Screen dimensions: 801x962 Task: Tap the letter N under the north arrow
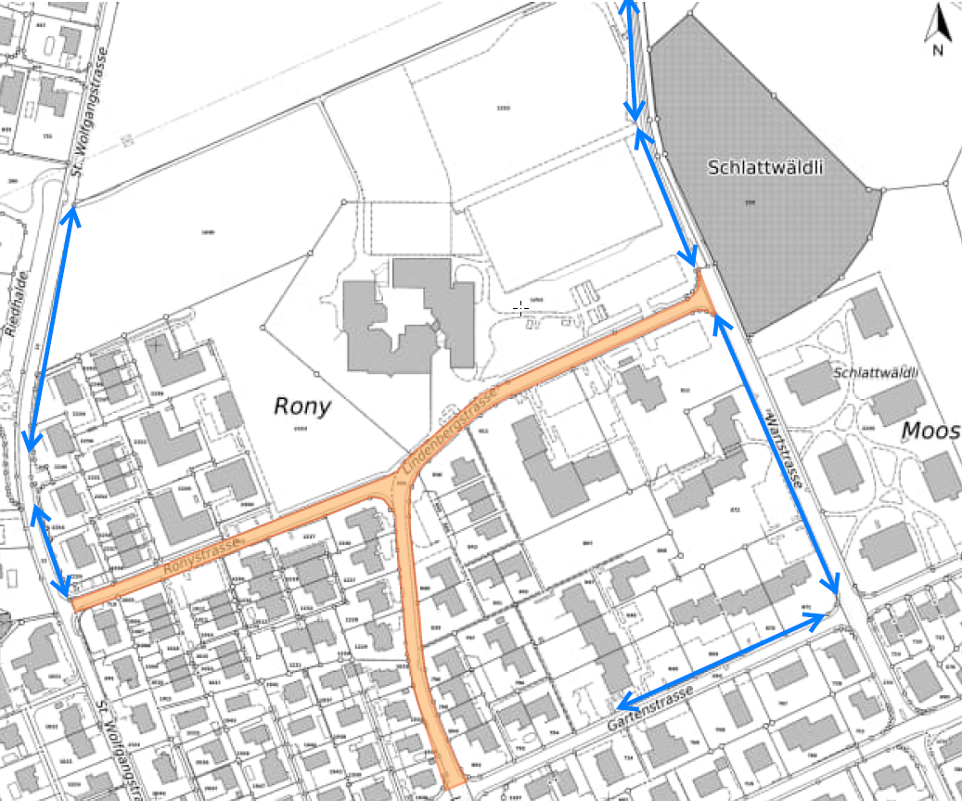pyautogui.click(x=938, y=50)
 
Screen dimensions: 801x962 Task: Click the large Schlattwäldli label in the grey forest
pyautogui.click(x=765, y=168)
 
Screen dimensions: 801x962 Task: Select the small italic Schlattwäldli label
pyautogui.click(x=875, y=373)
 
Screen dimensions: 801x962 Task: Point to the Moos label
pyautogui.click(x=930, y=430)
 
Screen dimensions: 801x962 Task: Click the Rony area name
pyautogui.click(x=302, y=406)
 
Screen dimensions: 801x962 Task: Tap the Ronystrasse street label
pyautogui.click(x=201, y=547)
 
